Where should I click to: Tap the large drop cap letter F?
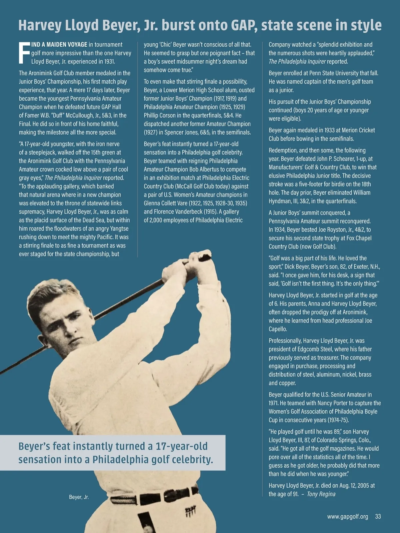point(24,53)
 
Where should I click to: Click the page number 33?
point(378,517)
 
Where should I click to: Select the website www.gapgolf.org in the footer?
point(348,517)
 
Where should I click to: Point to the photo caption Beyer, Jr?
point(79,497)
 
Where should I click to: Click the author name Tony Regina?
point(321,494)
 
